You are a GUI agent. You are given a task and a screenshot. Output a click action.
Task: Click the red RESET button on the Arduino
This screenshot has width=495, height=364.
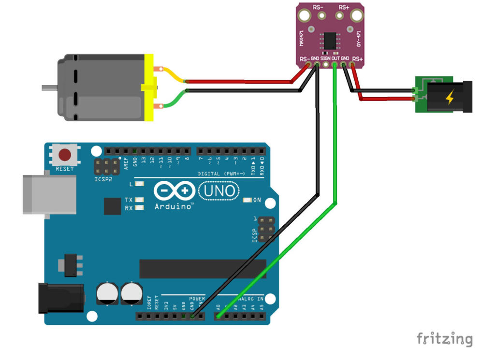click(65, 155)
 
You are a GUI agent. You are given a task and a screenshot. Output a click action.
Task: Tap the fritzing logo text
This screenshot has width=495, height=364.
click(444, 338)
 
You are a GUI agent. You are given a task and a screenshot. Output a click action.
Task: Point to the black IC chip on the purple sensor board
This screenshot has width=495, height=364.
click(330, 39)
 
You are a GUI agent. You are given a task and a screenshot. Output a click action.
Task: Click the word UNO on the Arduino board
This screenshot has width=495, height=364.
click(219, 191)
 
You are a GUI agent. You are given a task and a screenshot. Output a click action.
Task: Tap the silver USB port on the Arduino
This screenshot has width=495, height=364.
click(49, 194)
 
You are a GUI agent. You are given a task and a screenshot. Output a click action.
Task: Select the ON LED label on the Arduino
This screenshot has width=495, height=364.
click(257, 200)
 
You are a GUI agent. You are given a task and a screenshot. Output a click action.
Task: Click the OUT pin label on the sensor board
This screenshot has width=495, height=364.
click(335, 58)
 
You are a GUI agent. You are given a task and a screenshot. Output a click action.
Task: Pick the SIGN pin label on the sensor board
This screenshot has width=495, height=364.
click(325, 58)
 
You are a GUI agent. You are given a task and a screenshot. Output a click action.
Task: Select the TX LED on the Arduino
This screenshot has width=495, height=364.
click(140, 200)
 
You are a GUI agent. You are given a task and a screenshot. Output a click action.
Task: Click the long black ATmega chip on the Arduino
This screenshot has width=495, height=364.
click(203, 269)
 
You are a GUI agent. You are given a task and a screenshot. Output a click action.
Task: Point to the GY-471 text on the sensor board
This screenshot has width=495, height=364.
click(359, 38)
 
